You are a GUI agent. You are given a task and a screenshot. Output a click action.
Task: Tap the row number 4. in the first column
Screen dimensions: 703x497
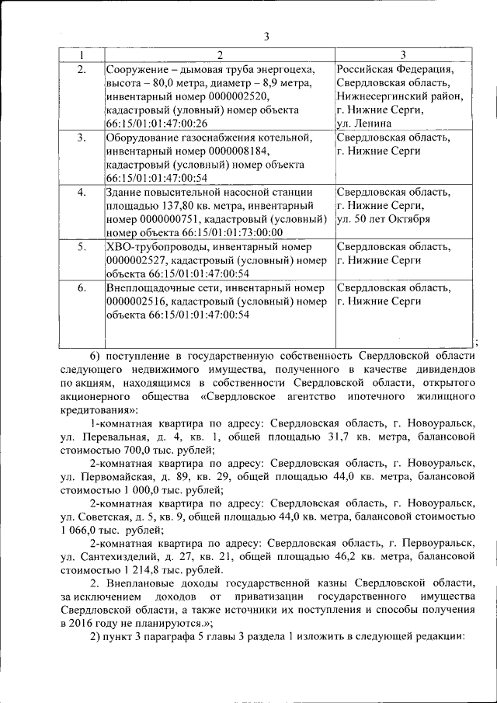point(81,192)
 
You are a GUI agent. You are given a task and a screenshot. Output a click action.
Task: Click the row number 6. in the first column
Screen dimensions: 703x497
point(81,287)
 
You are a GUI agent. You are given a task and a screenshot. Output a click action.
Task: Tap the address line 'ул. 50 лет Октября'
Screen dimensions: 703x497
point(383,219)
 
